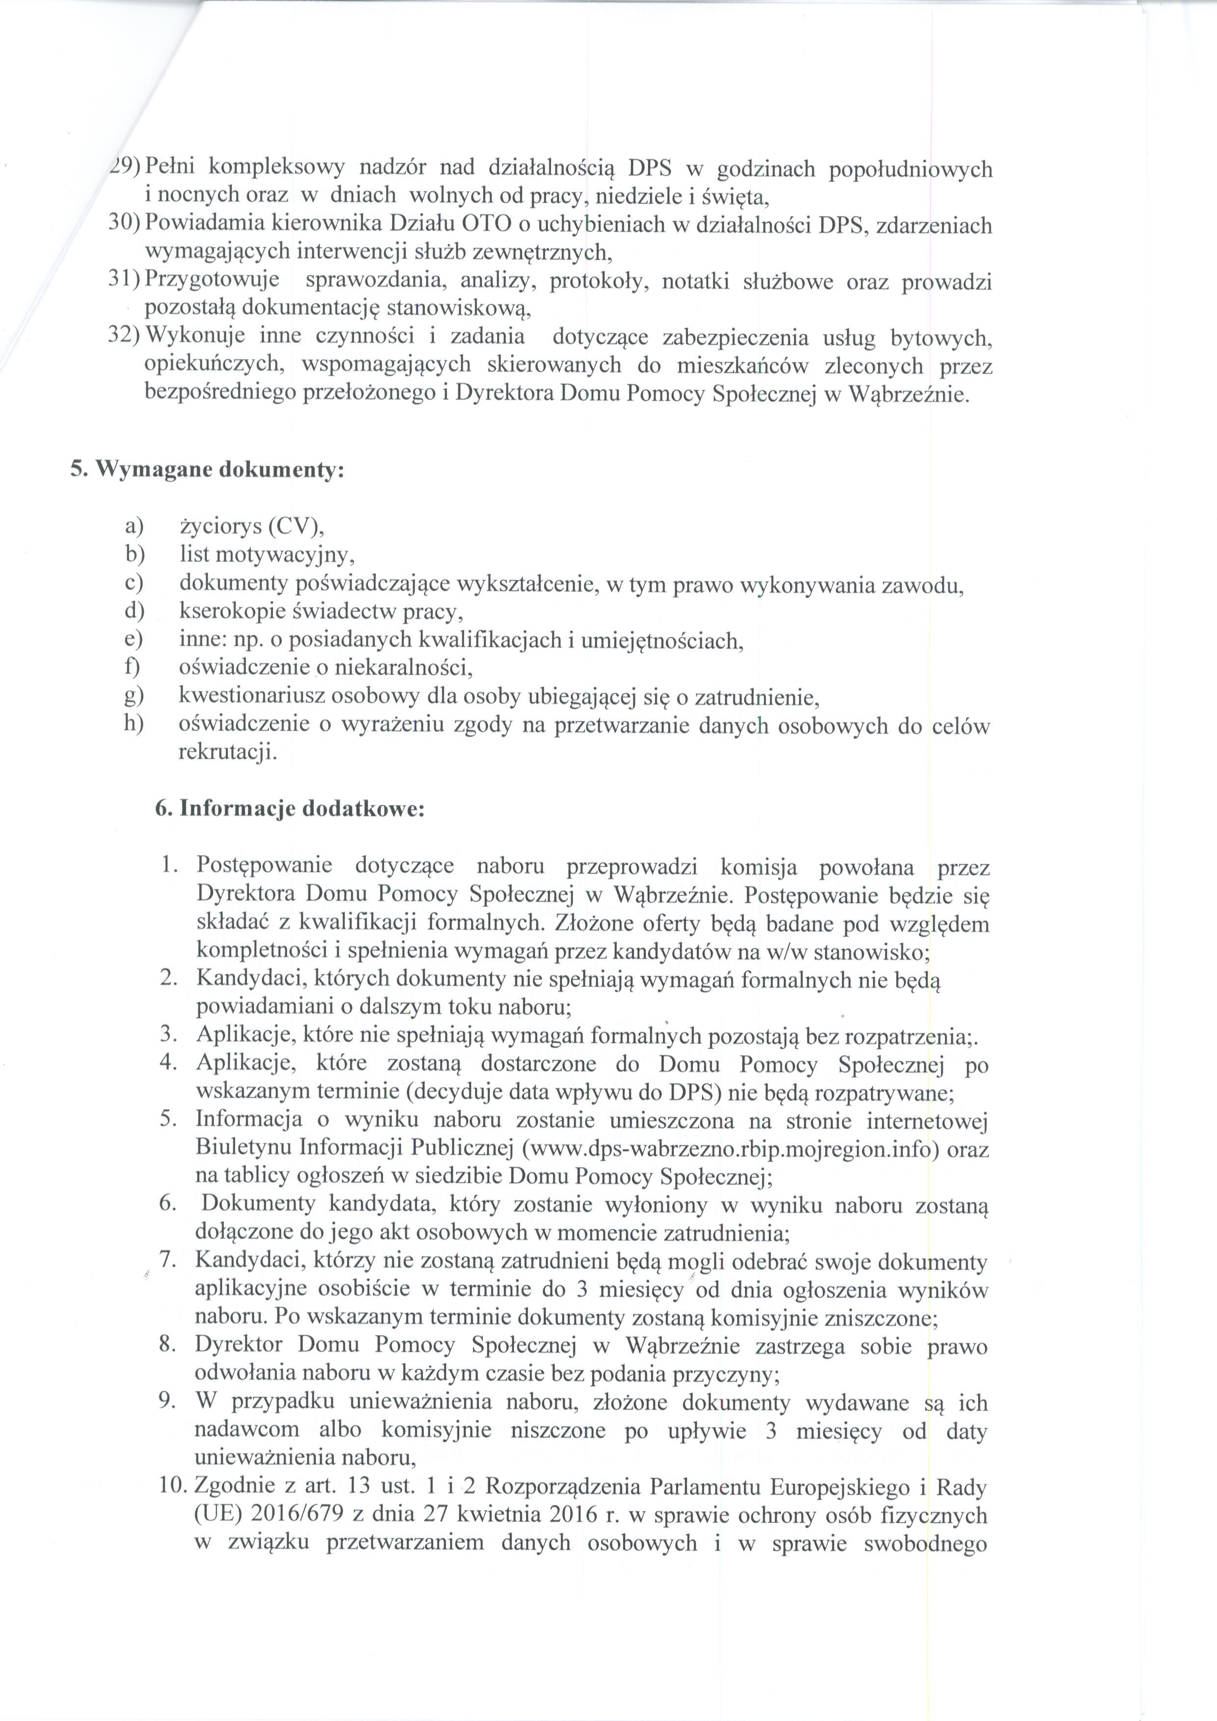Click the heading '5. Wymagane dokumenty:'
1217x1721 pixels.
coord(208,471)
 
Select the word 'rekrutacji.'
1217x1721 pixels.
coord(227,753)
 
